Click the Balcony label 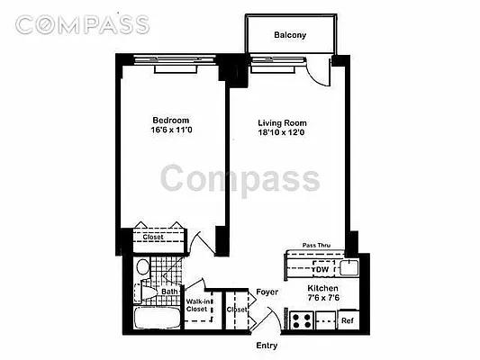point(291,36)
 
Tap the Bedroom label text point(169,121)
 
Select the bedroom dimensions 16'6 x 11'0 point(169,131)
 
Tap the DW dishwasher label point(321,269)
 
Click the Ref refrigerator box point(347,319)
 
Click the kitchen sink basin point(349,266)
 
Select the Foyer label point(267,292)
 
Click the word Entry point(267,346)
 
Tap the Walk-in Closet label point(198,306)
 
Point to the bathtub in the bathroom point(154,319)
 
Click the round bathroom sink point(141,268)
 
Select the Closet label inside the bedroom point(153,238)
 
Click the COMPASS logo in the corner point(82,24)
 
